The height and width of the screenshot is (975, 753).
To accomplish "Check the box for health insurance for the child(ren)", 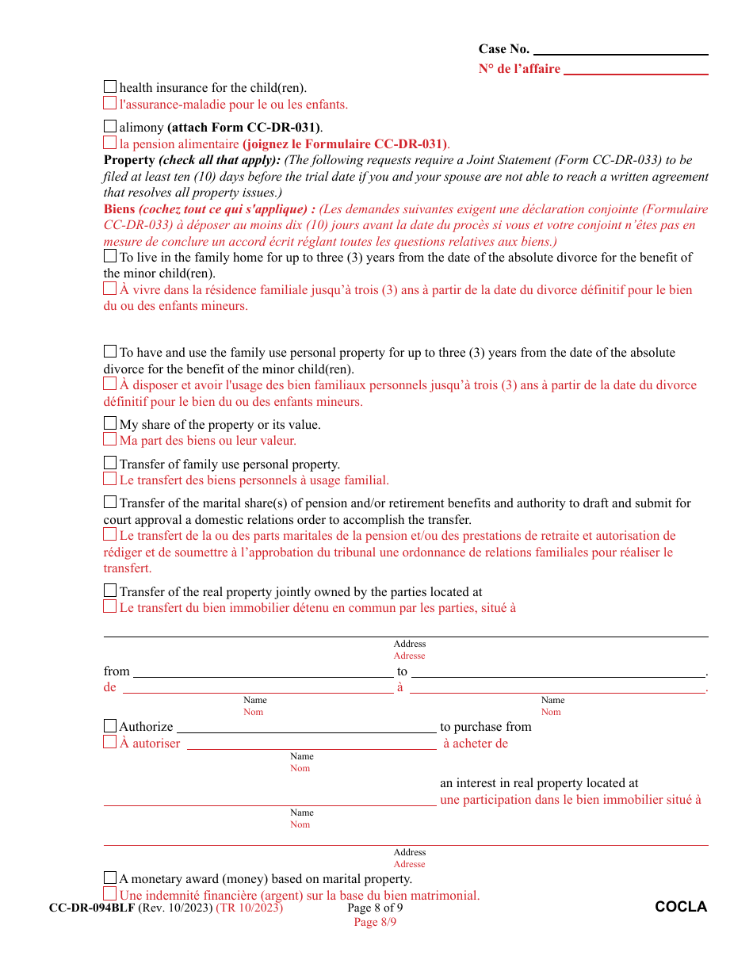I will click(x=110, y=87).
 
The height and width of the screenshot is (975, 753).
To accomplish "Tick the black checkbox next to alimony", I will click(x=110, y=126).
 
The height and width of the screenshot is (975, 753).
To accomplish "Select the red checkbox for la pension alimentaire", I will click(x=110, y=143).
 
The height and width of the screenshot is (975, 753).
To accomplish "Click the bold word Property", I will click(x=129, y=160).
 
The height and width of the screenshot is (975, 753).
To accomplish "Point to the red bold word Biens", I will click(x=120, y=209).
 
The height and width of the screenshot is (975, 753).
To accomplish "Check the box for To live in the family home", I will click(x=110, y=256).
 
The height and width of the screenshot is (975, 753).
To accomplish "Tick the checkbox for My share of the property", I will click(x=110, y=423).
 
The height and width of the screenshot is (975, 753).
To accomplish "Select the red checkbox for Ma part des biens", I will click(x=110, y=439).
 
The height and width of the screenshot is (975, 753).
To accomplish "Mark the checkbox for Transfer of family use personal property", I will click(x=110, y=463).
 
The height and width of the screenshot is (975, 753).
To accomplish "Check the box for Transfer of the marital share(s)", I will click(x=110, y=502).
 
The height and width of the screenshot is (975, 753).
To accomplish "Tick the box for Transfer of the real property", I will click(x=110, y=591).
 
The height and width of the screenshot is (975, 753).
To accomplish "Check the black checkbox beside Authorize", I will click(x=110, y=726).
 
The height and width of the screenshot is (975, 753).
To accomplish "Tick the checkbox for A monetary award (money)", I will click(x=110, y=877).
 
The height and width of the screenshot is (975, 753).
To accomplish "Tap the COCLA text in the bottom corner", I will click(x=681, y=907).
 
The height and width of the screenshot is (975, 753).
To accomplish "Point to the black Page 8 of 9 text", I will click(x=375, y=908).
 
